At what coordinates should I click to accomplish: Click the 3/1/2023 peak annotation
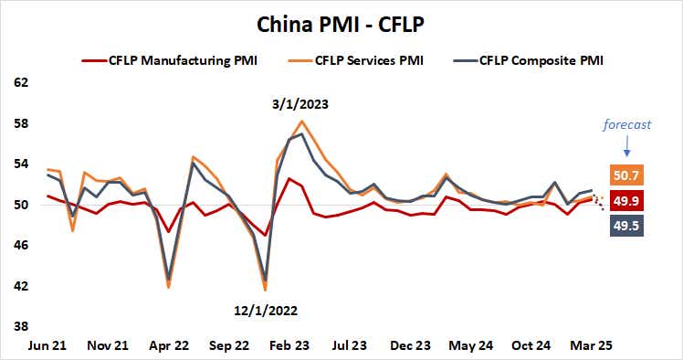click(x=300, y=104)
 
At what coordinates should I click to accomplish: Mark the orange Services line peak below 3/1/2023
click(x=301, y=122)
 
